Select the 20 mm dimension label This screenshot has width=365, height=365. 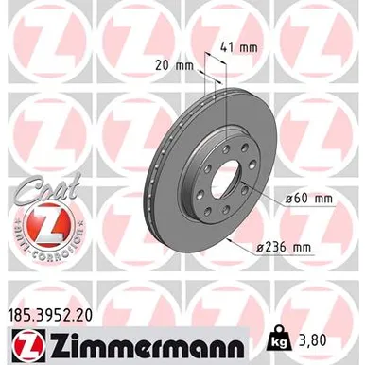click(x=170, y=66)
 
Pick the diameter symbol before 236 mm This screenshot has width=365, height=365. click(x=259, y=247)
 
